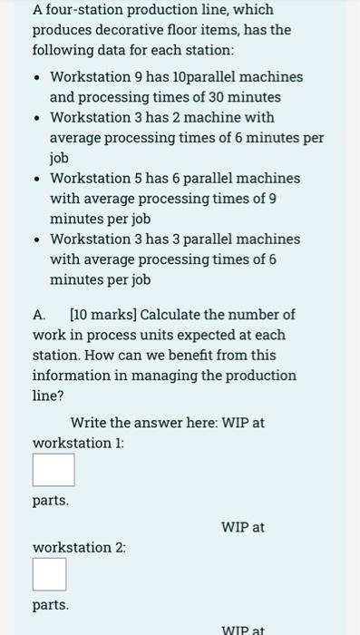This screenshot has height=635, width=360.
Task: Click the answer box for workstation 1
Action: pyautogui.click(x=54, y=470)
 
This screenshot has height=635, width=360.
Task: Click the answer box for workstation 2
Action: pyautogui.click(x=50, y=574)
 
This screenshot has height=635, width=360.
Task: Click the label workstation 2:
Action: pyautogui.click(x=79, y=547)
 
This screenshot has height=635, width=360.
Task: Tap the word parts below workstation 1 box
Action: pyautogui.click(x=50, y=500)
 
